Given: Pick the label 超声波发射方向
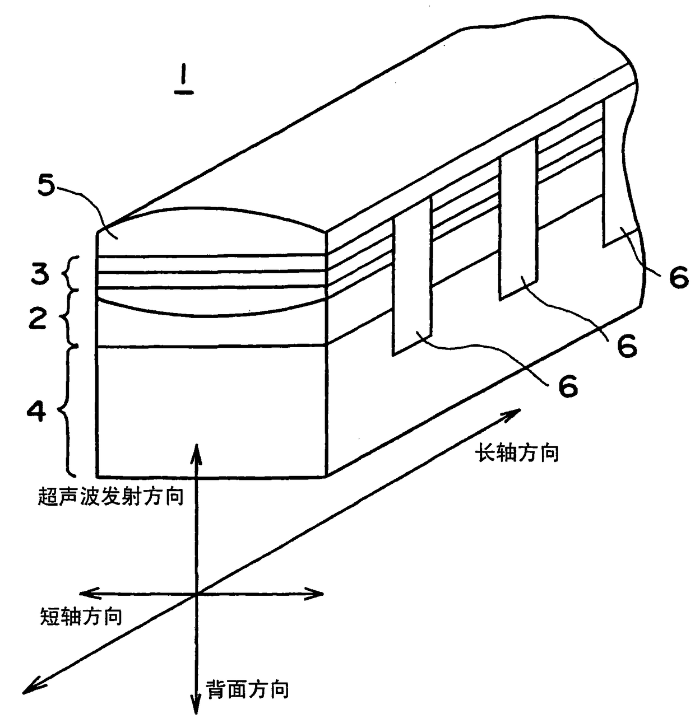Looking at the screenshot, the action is pyautogui.click(x=111, y=496).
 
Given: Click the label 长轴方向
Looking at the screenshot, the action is pyautogui.click(x=517, y=452).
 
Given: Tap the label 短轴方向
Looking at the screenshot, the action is pyautogui.click(x=81, y=617).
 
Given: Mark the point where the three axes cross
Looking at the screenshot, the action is pyautogui.click(x=196, y=594).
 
